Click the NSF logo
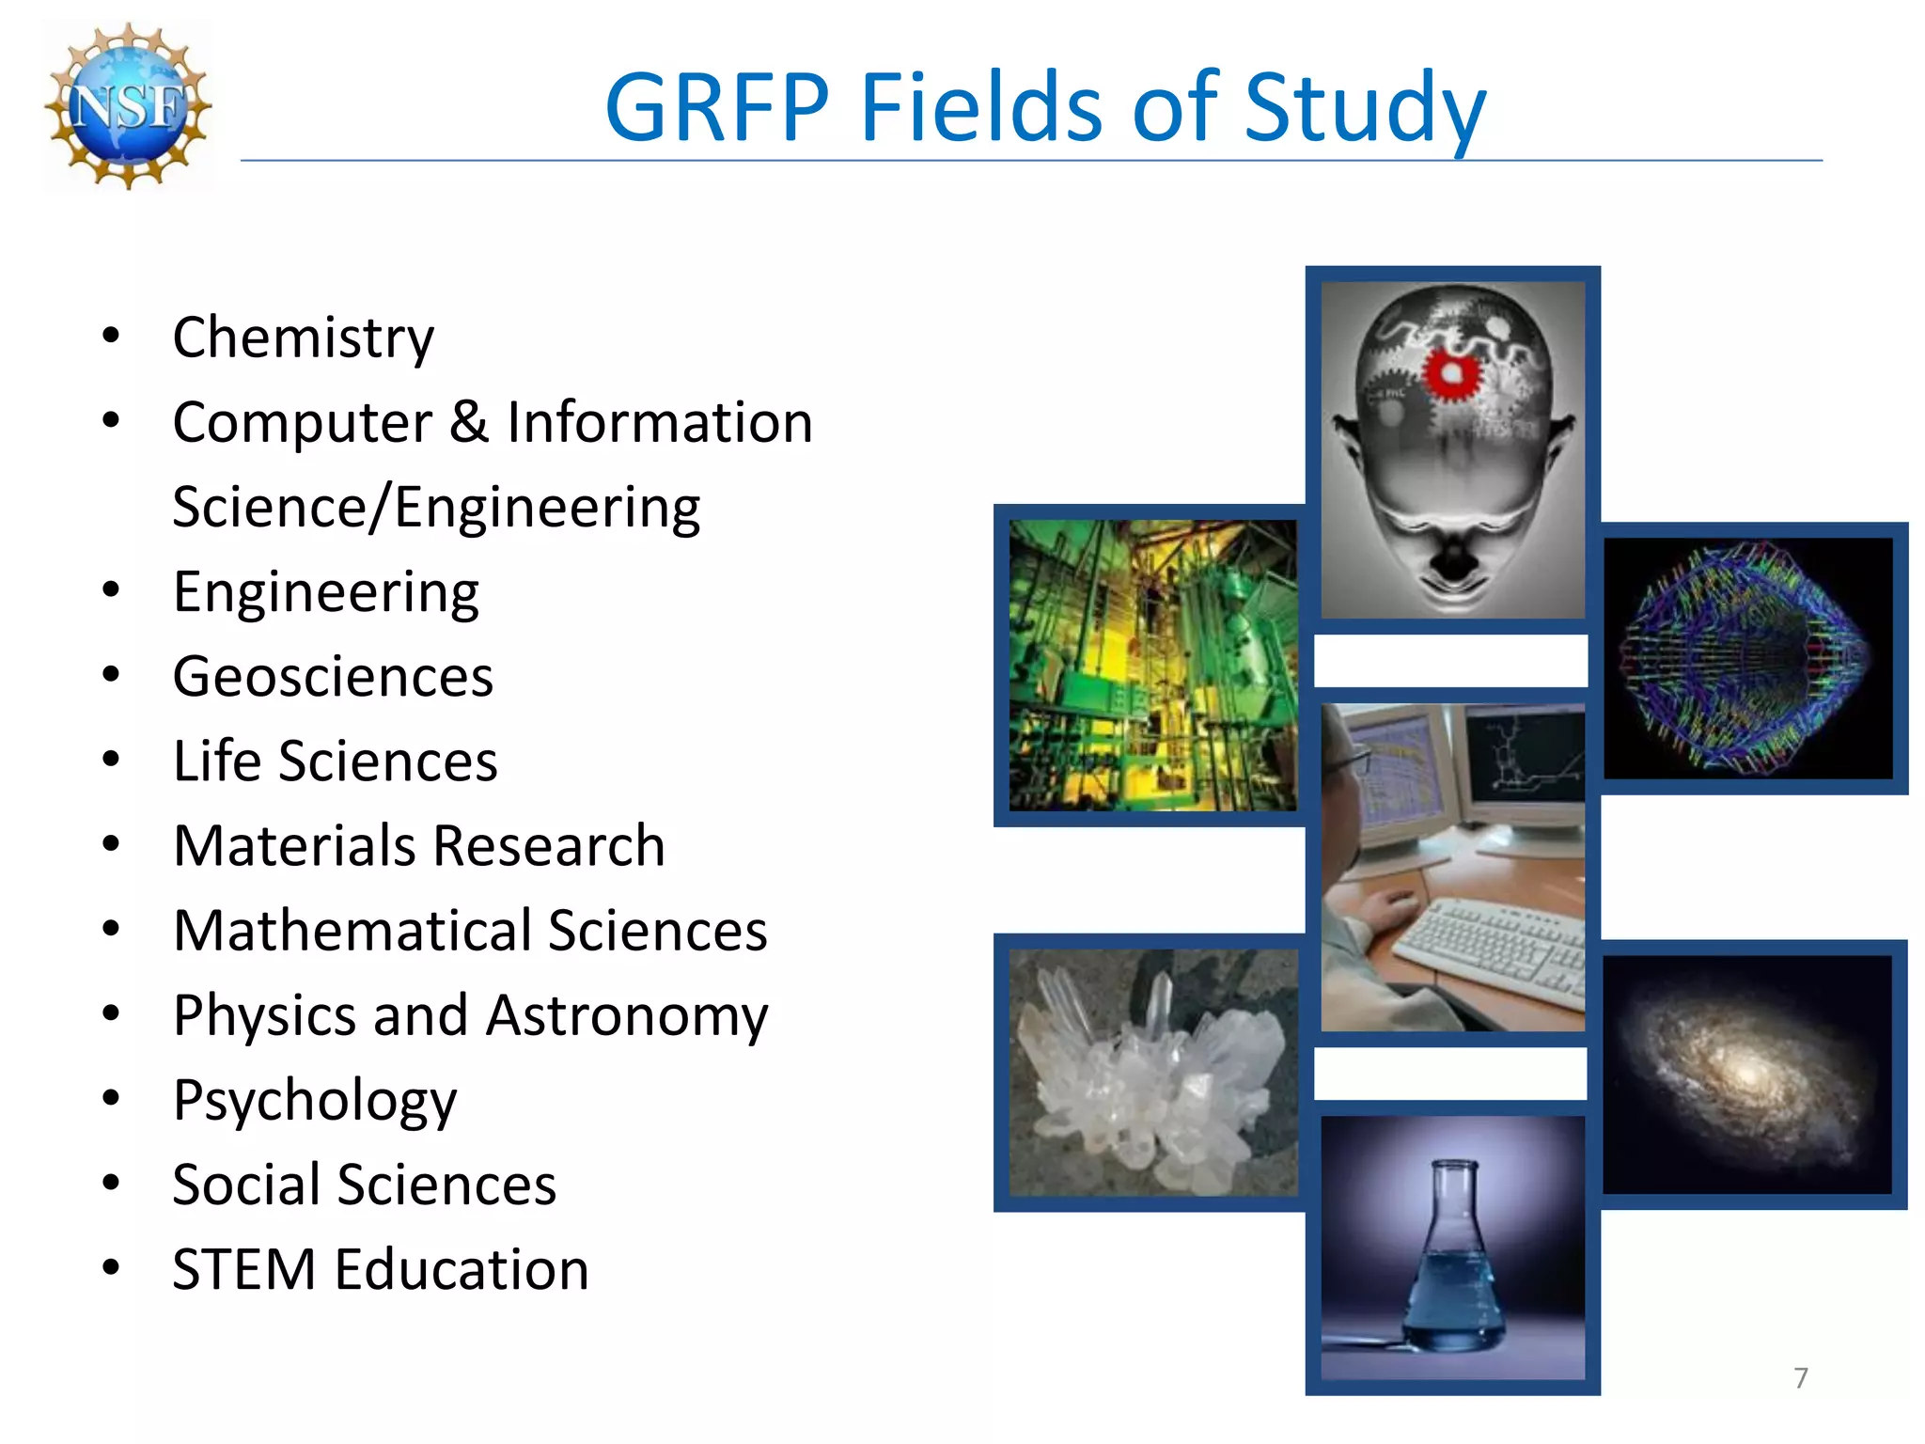pyautogui.click(x=129, y=105)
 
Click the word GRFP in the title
pyautogui.click(x=717, y=107)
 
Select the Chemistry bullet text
pyautogui.click(x=303, y=338)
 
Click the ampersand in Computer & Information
pyautogui.click(x=469, y=422)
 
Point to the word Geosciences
pyautogui.click(x=333, y=677)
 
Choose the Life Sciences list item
pyautogui.click(x=335, y=761)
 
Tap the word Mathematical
pyautogui.click(x=350, y=931)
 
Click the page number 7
pyautogui.click(x=1800, y=1378)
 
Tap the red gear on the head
pyautogui.click(x=1450, y=373)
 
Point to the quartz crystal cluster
pyautogui.click(x=1151, y=1081)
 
